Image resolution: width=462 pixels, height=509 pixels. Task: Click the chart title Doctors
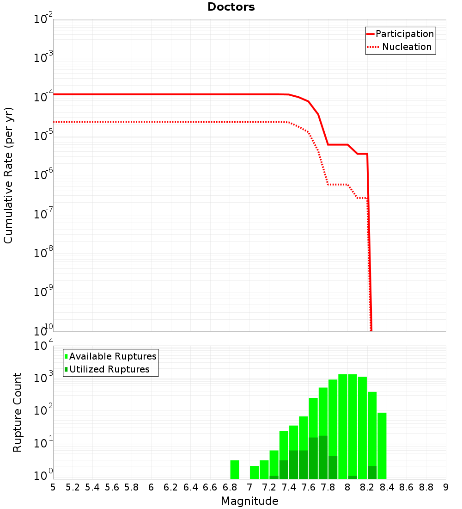(231, 7)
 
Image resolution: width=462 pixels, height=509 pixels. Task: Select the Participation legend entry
(404, 34)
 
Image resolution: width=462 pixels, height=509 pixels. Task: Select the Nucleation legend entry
(407, 47)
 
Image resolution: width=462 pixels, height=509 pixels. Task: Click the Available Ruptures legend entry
(113, 356)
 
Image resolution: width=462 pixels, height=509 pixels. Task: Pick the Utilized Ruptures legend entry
(109, 369)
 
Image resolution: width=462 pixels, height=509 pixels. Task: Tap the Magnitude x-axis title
(249, 501)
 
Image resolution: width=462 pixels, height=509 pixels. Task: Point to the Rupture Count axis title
(18, 412)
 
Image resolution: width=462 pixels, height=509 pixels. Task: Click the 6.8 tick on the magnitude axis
(230, 487)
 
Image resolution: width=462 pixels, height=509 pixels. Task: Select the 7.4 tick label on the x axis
(289, 487)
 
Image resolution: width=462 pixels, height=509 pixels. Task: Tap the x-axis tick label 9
(445, 487)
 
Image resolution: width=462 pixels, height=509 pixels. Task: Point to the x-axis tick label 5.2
(73, 487)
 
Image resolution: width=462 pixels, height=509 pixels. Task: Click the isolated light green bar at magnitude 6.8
(235, 469)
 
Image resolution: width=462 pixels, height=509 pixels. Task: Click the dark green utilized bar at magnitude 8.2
(372, 472)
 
